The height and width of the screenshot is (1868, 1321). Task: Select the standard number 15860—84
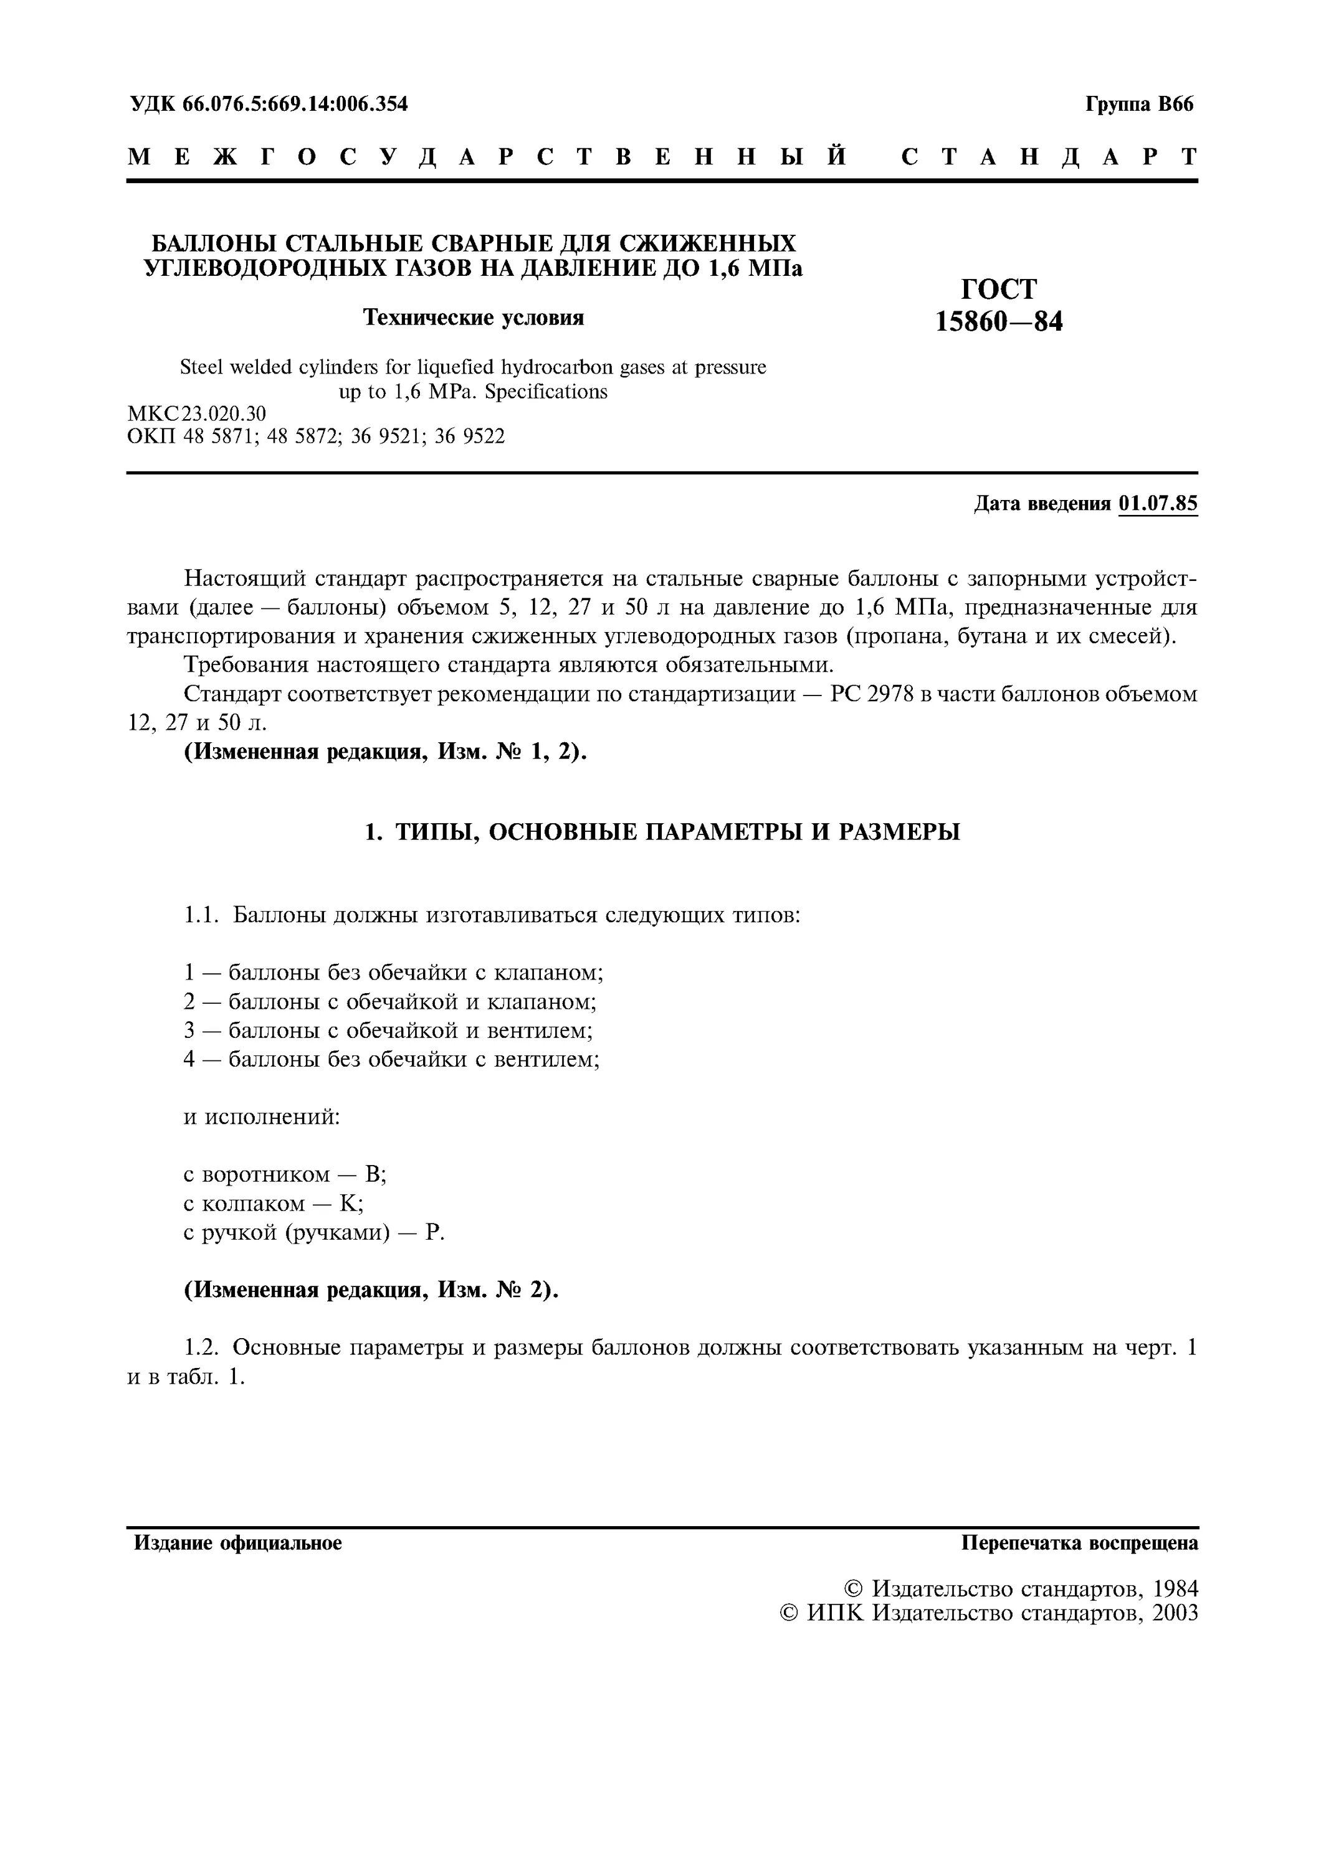click(x=999, y=322)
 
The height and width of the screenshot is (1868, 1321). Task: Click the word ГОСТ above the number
click(x=999, y=289)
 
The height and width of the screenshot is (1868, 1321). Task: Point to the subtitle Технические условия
click(x=473, y=318)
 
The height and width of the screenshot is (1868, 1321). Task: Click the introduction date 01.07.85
click(x=1157, y=504)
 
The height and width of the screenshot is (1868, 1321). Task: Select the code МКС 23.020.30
click(x=197, y=414)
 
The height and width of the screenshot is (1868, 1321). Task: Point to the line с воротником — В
click(x=284, y=1174)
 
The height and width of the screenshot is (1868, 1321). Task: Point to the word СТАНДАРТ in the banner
click(x=1049, y=157)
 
